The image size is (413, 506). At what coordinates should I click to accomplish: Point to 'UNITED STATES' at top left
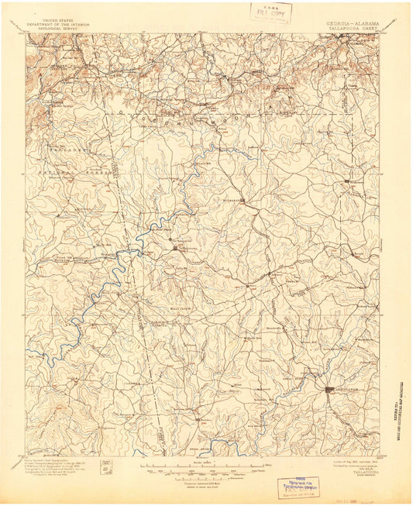(x=60, y=20)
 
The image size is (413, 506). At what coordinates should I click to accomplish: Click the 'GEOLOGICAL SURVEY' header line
(x=60, y=28)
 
